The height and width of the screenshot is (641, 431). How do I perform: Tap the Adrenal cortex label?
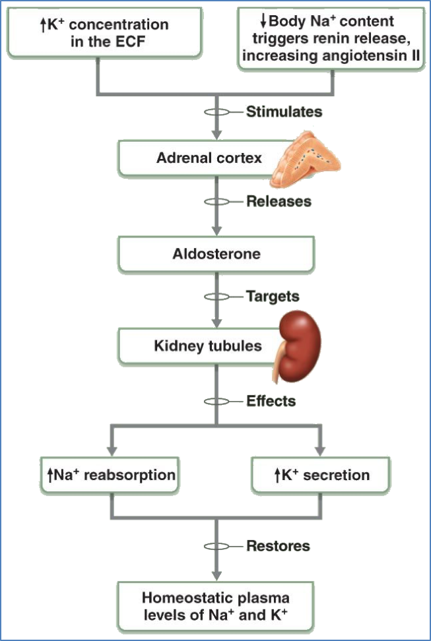click(209, 158)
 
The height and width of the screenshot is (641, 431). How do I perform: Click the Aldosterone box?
click(216, 254)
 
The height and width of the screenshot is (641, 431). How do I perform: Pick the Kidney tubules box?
click(207, 346)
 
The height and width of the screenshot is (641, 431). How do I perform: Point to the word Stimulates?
click(284, 111)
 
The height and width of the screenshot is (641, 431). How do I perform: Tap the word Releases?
click(279, 201)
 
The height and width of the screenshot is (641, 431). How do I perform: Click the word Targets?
click(273, 296)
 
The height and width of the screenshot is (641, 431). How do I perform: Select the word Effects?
click(271, 401)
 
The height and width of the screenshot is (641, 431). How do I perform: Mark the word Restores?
click(278, 545)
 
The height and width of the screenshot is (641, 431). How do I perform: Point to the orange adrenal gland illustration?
click(304, 158)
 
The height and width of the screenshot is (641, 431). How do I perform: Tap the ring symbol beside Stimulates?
click(216, 111)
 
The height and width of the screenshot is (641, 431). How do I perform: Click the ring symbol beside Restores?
click(216, 545)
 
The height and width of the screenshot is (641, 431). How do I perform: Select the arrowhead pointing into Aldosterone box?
click(216, 231)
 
